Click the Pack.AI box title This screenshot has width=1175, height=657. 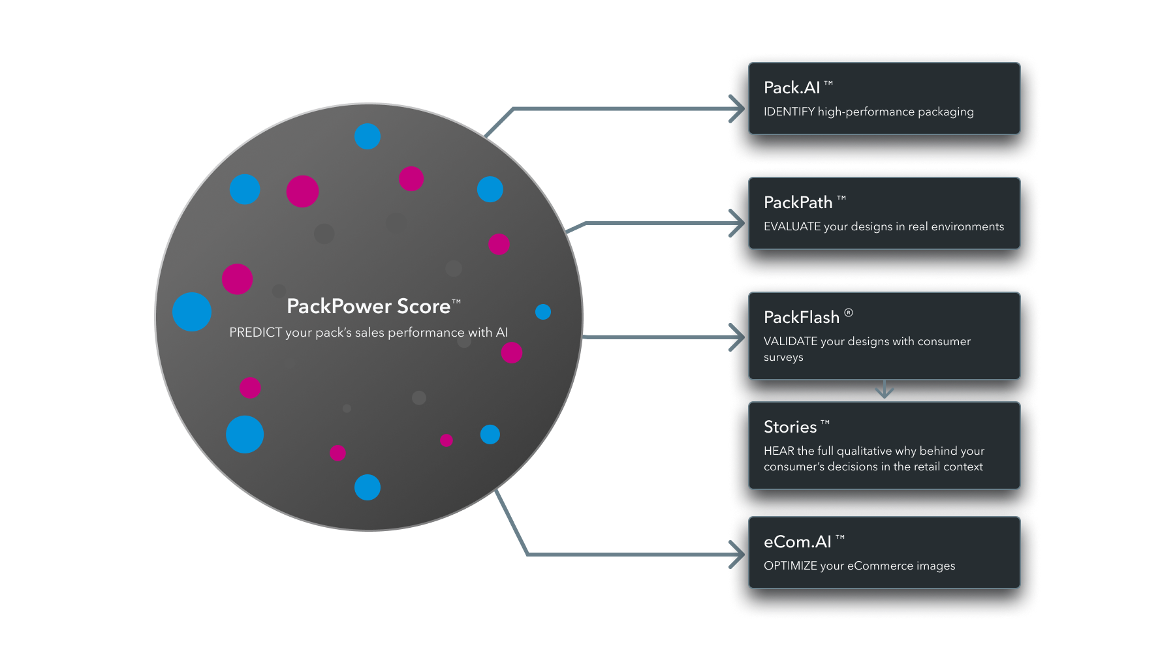(x=792, y=87)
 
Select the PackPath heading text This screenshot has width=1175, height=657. (x=798, y=202)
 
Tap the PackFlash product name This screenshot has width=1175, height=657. (x=802, y=317)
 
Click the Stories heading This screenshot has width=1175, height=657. (x=790, y=427)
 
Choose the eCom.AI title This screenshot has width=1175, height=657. (x=798, y=542)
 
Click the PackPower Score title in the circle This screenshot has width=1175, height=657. (x=369, y=306)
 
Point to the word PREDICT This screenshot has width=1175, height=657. (x=255, y=332)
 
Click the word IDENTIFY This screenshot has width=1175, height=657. (x=789, y=112)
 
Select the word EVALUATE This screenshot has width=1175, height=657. (x=792, y=226)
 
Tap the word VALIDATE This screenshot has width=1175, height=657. (x=791, y=341)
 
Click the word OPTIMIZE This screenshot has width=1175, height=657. (x=791, y=566)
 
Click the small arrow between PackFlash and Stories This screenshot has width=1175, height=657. (x=885, y=390)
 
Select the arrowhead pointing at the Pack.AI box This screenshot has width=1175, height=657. (x=737, y=109)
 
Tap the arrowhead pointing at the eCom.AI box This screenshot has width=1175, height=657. (x=737, y=555)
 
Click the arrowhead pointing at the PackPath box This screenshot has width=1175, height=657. (x=737, y=223)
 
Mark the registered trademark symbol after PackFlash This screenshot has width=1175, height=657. (x=849, y=313)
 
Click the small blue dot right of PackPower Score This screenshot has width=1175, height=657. (x=543, y=312)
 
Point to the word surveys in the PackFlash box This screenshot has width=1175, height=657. (x=783, y=358)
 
